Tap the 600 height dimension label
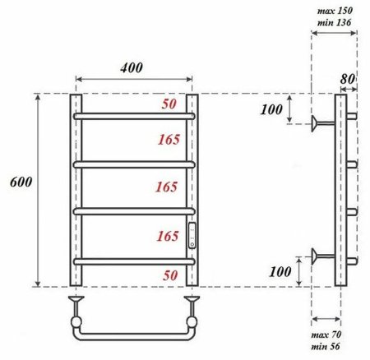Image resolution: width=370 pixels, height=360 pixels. tap(19, 182)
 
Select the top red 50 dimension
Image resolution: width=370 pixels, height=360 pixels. tap(168, 104)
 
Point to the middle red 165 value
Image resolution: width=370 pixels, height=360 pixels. tap(166, 187)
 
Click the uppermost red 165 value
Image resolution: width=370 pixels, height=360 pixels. tap(166, 141)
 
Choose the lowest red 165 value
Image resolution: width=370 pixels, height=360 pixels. tap(166, 237)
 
